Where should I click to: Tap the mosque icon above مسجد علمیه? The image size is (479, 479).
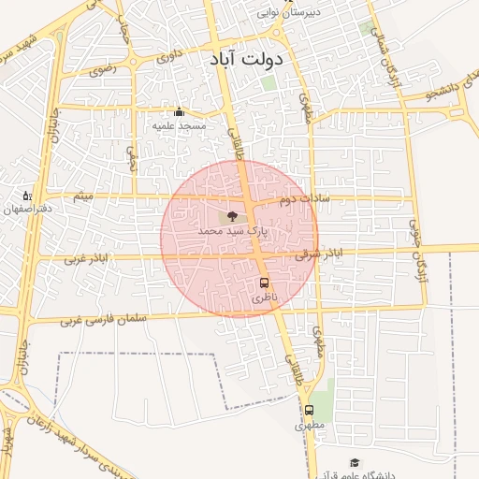point(179,111)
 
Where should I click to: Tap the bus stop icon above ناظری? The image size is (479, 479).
point(264,283)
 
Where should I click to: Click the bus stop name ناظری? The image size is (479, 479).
point(264,297)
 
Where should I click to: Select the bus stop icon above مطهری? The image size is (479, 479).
point(309,410)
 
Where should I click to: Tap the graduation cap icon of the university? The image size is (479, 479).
point(355,462)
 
